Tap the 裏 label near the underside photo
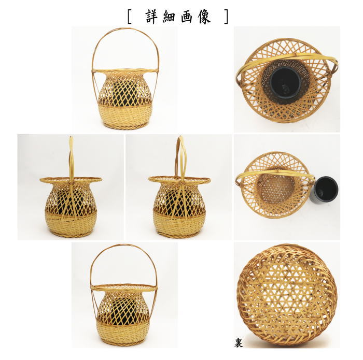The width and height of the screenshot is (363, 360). coord(238,343)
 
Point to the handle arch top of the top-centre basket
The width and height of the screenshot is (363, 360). coord(125,30)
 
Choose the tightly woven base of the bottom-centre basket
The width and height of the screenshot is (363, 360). coord(123,332)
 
